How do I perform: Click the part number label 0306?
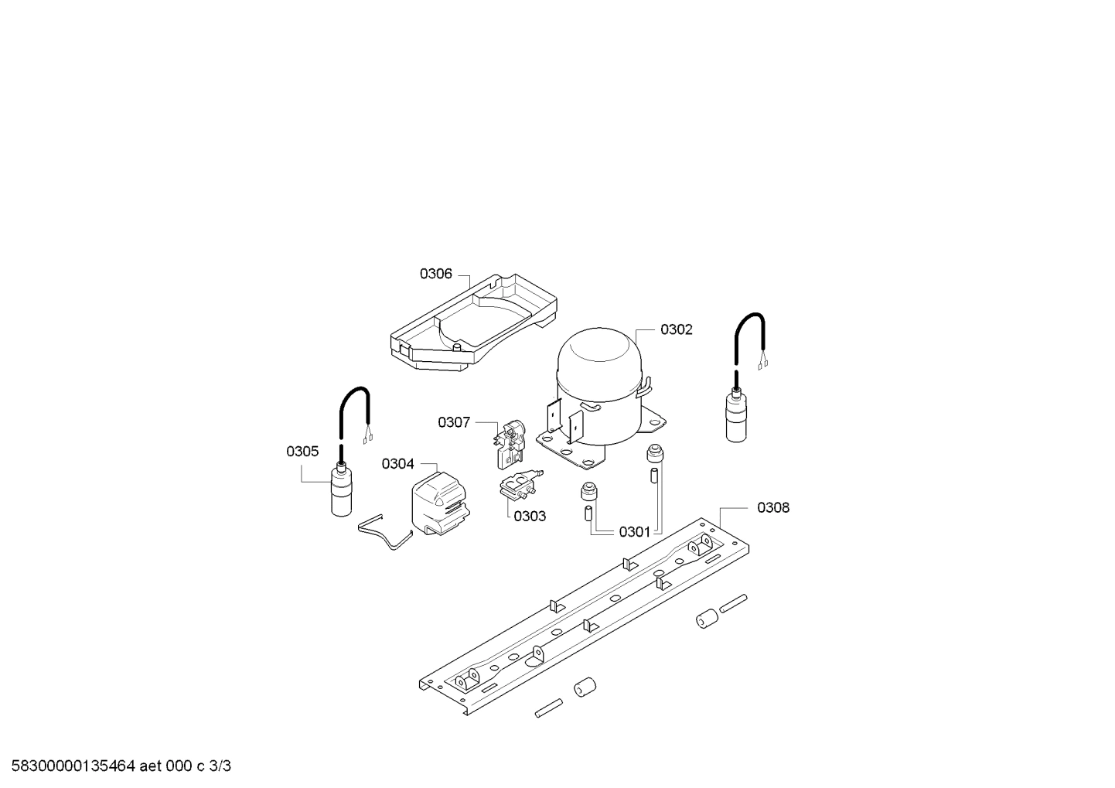(435, 274)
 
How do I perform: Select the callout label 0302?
(676, 329)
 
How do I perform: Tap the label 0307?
(454, 422)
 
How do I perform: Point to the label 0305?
(302, 452)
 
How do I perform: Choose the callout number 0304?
(397, 464)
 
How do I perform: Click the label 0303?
(530, 516)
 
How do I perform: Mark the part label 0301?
(634, 532)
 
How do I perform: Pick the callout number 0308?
(773, 507)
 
